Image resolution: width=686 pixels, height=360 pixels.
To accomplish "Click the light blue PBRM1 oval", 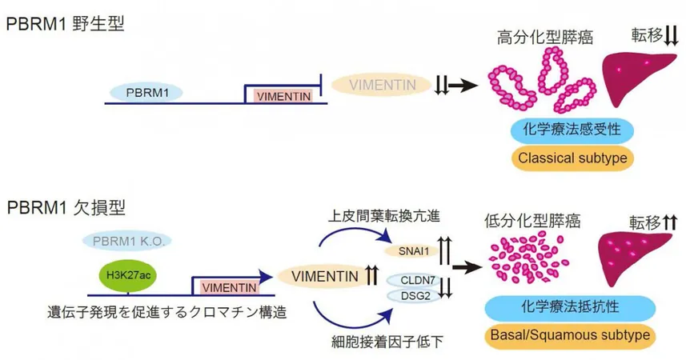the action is tap(146, 93).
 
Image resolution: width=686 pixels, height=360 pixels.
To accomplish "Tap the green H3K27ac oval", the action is tap(128, 274).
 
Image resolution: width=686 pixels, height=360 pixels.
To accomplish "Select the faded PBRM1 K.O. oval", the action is tap(127, 241).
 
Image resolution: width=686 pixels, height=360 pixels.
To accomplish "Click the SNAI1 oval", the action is tap(412, 251).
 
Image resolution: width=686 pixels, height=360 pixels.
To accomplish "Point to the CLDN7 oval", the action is tap(415, 280).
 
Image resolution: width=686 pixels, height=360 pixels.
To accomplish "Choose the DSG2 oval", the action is tap(413, 296).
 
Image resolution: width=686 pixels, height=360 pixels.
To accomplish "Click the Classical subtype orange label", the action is tap(572, 158).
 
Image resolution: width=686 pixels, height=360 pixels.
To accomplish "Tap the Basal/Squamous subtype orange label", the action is tap(570, 335).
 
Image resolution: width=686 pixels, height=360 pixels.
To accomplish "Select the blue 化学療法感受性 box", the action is tap(572, 130).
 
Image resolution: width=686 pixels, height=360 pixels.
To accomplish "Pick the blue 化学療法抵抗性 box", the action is tap(570, 307).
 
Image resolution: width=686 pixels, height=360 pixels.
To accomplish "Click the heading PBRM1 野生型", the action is tap(66, 23).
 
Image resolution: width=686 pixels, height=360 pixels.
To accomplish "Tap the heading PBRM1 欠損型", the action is tap(66, 208).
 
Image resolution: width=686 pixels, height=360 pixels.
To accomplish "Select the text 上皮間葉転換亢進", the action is tap(383, 216).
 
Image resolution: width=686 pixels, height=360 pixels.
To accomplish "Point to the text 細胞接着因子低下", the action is tap(387, 341).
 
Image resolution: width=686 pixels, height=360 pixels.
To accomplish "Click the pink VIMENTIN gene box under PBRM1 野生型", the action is tap(283, 96).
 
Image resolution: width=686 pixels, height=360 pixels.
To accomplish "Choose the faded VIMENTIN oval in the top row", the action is tap(382, 85).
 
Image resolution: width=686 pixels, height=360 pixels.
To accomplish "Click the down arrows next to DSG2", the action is tap(445, 288).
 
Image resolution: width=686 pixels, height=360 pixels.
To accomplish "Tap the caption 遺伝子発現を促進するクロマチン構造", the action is tap(166, 312).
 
